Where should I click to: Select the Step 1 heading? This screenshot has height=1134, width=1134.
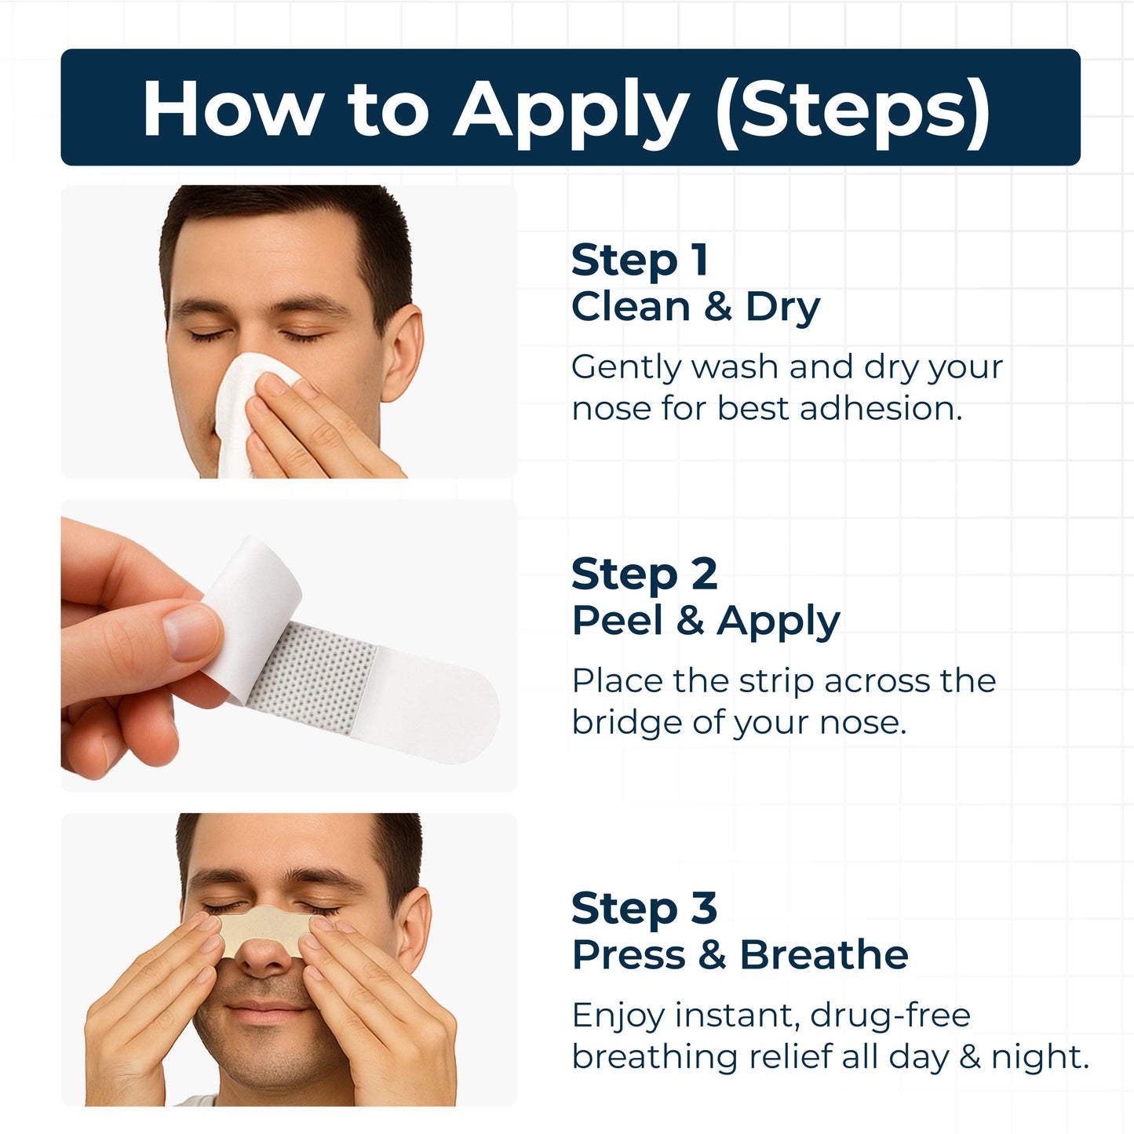[640, 260]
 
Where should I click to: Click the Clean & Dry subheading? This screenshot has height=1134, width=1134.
[695, 306]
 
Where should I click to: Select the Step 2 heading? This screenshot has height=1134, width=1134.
[644, 574]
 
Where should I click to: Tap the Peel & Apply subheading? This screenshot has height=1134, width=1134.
[706, 621]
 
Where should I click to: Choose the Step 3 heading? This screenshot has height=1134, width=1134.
[644, 908]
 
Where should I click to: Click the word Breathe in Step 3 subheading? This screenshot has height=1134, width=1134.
[823, 955]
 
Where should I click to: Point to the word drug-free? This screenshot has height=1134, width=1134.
[890, 1015]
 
